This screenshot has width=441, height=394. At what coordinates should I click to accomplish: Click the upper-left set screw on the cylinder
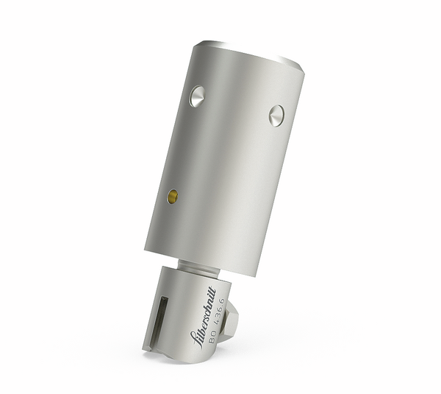click(197, 96)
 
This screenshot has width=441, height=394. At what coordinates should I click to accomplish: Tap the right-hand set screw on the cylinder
click(276, 116)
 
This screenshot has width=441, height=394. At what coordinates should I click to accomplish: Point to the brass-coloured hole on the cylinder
click(173, 196)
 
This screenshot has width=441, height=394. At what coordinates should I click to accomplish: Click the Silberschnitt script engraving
click(203, 317)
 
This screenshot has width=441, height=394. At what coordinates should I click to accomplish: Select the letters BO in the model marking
click(212, 337)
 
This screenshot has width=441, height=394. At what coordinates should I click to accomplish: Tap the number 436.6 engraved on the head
click(220, 312)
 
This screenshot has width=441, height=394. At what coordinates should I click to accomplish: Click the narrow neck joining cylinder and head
click(199, 267)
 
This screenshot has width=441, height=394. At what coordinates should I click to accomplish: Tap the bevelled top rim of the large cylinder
click(251, 54)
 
